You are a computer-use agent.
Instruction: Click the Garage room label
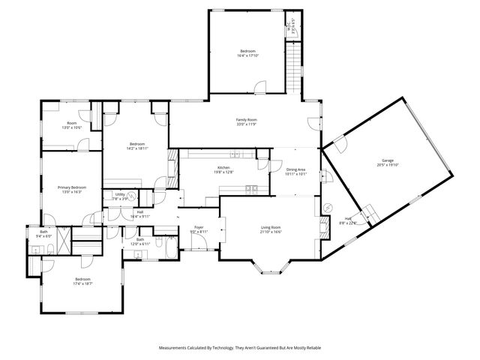388,161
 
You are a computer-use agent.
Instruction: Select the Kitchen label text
223,167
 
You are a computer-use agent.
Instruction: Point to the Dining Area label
296,169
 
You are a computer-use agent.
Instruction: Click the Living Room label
271,227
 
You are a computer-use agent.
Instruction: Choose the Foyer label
199,227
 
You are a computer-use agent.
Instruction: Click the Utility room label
120,195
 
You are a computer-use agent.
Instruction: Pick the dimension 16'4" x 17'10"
248,55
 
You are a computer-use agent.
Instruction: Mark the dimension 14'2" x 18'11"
136,148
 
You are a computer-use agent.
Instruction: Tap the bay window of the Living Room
271,266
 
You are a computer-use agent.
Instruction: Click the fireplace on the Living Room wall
324,226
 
